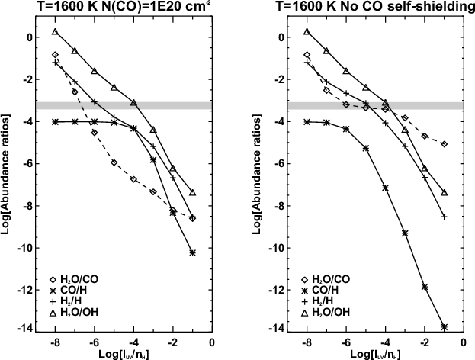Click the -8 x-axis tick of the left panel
54,343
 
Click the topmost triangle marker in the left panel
56,32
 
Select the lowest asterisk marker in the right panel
444,326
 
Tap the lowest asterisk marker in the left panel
192,252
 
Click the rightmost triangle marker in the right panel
444,193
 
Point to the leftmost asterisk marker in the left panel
56,121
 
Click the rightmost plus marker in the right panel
444,217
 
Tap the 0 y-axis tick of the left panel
27,37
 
